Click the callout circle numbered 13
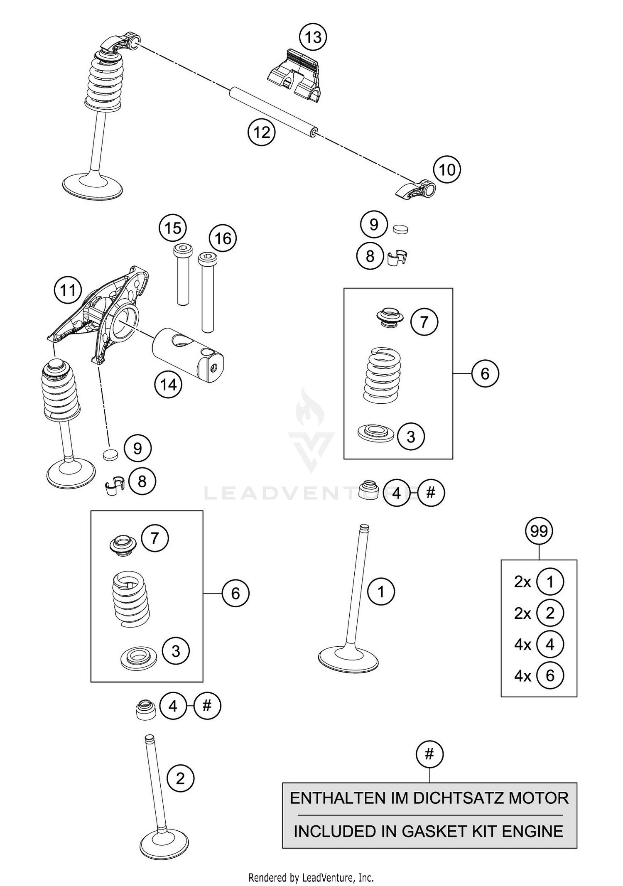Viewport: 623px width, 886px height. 313,37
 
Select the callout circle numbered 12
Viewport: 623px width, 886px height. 262,133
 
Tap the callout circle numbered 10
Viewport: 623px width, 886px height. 447,170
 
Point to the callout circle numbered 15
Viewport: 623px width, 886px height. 173,228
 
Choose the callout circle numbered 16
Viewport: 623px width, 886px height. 223,238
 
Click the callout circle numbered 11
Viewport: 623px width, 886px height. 68,290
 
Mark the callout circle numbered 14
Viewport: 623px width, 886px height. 168,385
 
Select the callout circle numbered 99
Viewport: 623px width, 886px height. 539,531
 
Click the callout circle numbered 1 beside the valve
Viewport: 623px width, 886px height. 381,591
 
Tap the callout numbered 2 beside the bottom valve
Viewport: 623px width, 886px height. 180,778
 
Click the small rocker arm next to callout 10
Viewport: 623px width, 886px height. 415,190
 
